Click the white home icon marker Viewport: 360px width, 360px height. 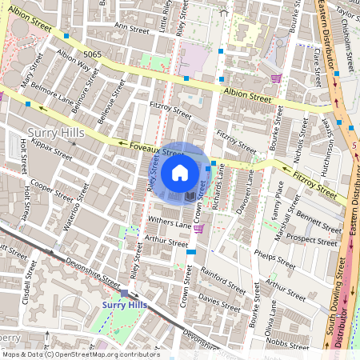pyautogui.click(x=180, y=172)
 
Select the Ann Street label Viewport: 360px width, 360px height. pyautogui.click(x=133, y=26)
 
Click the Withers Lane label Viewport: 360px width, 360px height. pyautogui.click(x=170, y=224)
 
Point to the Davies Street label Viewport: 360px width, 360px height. pyautogui.click(x=218, y=301)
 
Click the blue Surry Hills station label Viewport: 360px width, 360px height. pyautogui.click(x=124, y=306)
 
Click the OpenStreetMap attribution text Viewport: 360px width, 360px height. pyautogui.click(x=80, y=354)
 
